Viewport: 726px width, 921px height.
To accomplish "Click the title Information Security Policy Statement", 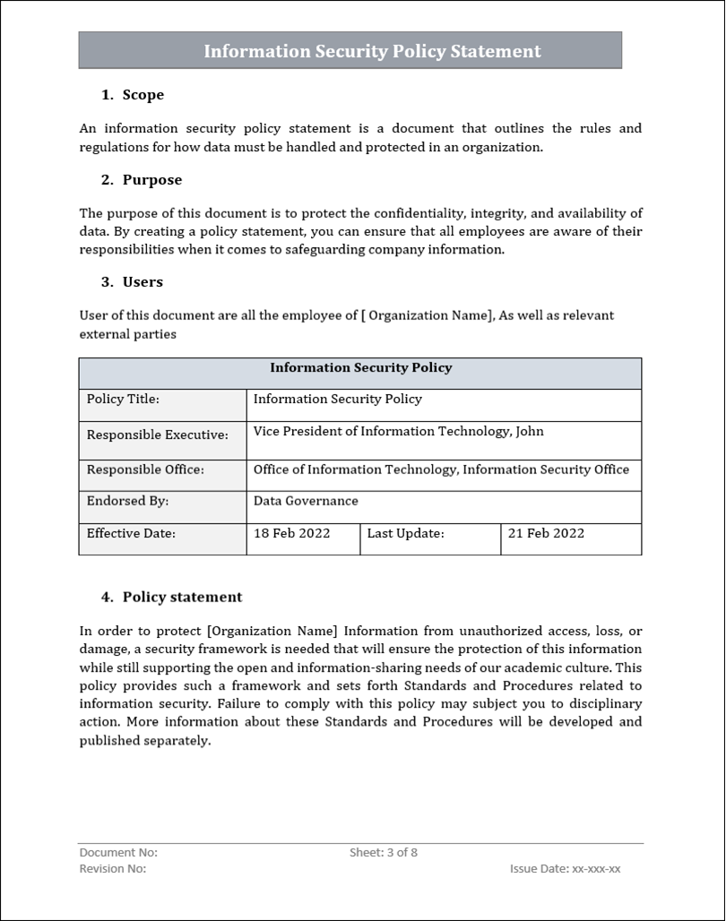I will pyautogui.click(x=372, y=51).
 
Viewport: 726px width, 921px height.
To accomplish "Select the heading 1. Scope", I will pyautogui.click(x=133, y=95).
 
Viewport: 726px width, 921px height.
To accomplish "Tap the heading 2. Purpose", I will pyautogui.click(x=142, y=180).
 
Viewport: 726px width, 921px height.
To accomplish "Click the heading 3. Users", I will pyautogui.click(x=133, y=282).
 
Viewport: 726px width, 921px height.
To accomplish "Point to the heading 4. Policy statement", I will pyautogui.click(x=171, y=597).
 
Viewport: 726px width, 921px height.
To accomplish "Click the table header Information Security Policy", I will pyautogui.click(x=360, y=368).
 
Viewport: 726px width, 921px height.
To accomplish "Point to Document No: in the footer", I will pyautogui.click(x=118, y=853).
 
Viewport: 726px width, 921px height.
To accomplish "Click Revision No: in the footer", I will pyautogui.click(x=113, y=869).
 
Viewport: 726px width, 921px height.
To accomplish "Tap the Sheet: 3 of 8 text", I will pyautogui.click(x=383, y=853).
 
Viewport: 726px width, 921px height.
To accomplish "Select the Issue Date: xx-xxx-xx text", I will pyautogui.click(x=565, y=869).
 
